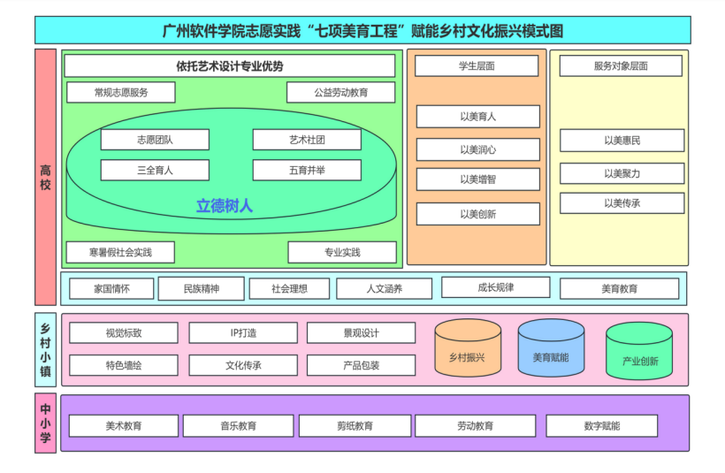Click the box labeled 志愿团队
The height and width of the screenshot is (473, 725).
[x=155, y=140]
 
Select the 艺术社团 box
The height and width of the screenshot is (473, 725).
[x=307, y=140]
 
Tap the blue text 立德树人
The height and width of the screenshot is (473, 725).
[x=225, y=206]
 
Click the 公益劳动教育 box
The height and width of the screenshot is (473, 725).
[x=340, y=92]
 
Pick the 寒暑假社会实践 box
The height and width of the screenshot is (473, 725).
[x=120, y=252]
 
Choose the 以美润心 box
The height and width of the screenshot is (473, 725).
[x=477, y=149]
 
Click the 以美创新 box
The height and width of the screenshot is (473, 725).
[x=477, y=214]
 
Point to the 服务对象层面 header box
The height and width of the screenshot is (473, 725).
[x=621, y=66]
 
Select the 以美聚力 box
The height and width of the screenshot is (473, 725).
[x=622, y=173]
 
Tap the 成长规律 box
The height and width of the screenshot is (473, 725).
[x=495, y=287]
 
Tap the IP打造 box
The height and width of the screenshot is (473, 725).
[x=243, y=333]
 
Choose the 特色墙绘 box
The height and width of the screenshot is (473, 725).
[x=123, y=365]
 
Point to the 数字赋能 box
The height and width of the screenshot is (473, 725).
[x=601, y=426]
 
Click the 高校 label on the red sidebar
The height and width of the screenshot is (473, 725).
[x=46, y=177]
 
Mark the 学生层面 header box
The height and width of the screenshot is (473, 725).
[x=477, y=66]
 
